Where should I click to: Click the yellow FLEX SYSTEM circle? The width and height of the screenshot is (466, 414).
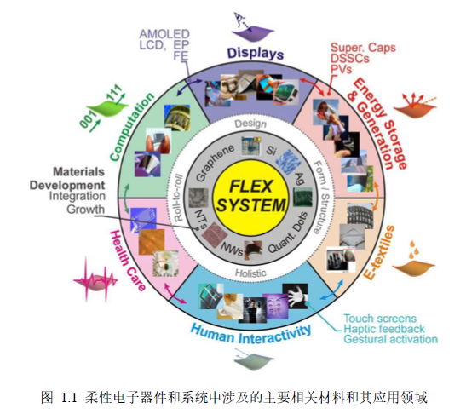coord(251,197)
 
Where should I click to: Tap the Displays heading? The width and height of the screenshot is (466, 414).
coord(256,54)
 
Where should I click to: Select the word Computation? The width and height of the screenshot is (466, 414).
coord(132,127)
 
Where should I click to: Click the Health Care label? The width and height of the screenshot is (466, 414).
coord(128,261)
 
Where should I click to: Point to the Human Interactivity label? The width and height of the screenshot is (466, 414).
coord(251,334)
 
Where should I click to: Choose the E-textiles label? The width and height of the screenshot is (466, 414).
coord(379,253)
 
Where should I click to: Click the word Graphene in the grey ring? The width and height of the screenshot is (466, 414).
coord(216,163)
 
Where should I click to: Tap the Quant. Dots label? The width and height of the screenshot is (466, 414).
coord(288,233)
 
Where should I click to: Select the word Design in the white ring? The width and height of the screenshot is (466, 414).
coord(250,124)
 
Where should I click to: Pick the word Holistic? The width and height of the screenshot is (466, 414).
coord(250,273)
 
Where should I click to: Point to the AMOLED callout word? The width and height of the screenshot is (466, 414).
coord(164,34)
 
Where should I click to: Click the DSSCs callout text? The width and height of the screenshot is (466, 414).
coord(350,58)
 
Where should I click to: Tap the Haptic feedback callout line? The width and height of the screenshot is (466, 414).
coord(384,329)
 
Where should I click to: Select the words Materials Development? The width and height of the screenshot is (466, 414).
coord(67,178)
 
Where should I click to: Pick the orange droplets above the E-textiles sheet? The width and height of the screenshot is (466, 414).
coord(413,250)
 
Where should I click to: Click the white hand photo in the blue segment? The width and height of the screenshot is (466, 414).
coord(295,296)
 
